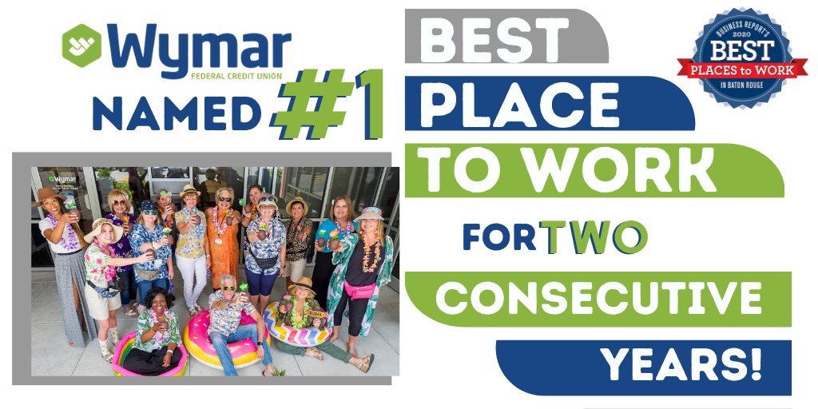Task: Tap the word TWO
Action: point(594,236)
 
